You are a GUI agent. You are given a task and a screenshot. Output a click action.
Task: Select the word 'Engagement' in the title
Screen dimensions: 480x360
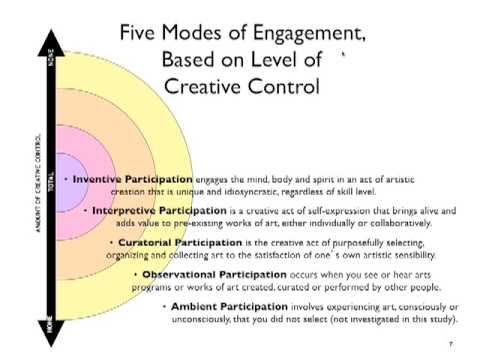point(309,33)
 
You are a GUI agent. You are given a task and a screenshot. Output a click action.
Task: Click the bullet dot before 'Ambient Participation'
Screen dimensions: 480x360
point(165,306)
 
